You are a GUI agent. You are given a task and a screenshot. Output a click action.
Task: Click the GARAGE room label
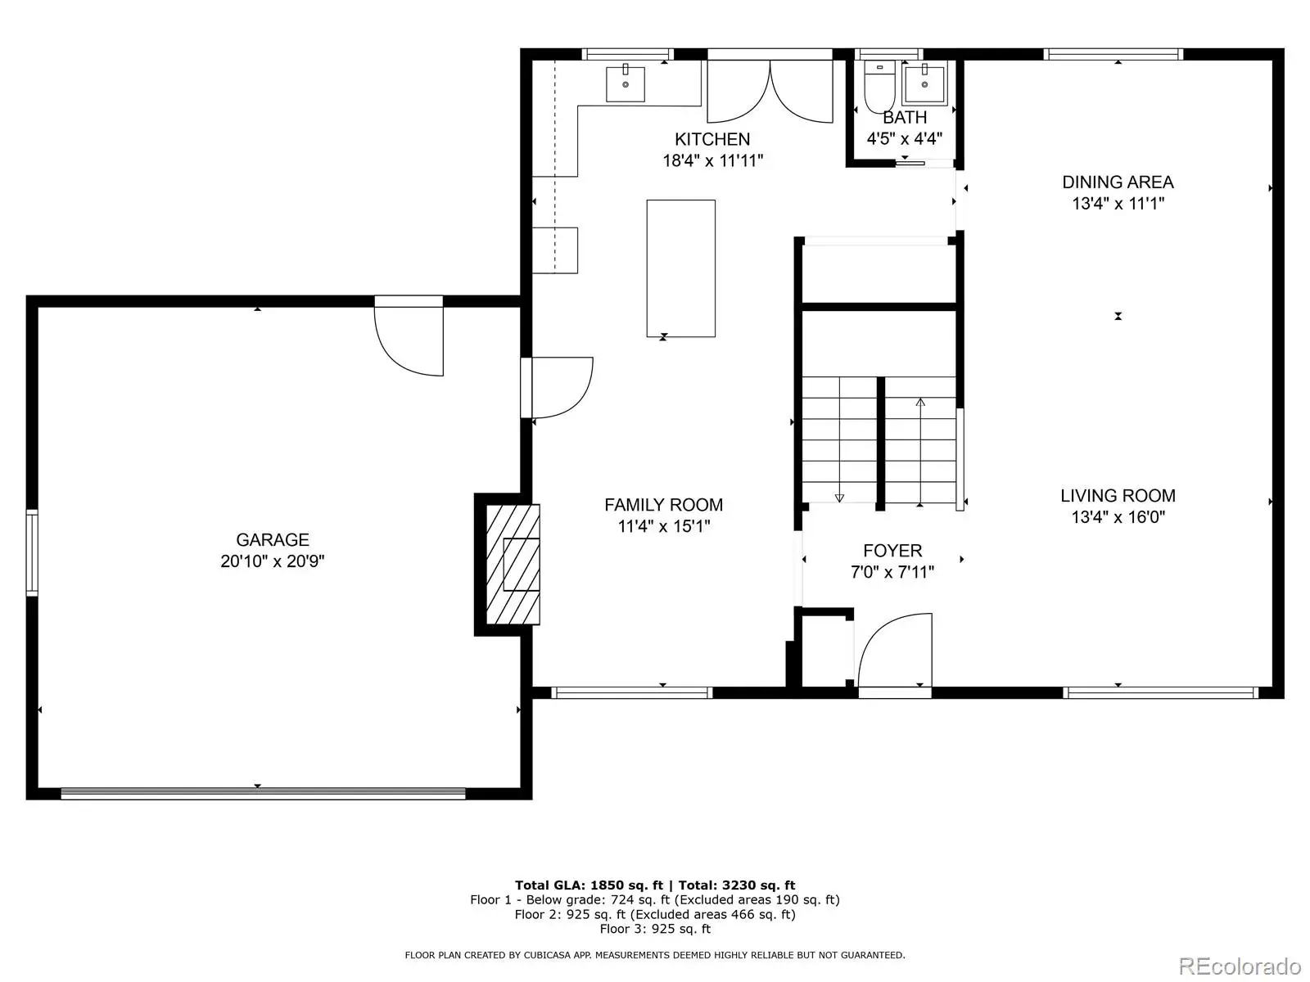[272, 539]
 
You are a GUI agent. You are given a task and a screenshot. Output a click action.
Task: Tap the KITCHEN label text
[712, 139]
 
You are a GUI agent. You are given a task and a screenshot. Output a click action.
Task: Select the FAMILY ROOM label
[664, 505]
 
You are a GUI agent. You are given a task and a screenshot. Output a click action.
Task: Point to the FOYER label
[892, 550]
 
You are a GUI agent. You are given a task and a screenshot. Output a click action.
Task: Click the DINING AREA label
[1118, 182]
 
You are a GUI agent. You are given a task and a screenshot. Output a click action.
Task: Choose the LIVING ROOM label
[1118, 495]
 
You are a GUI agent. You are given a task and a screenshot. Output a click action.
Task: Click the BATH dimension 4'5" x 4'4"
[904, 139]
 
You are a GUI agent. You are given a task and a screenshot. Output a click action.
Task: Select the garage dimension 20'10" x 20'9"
[272, 561]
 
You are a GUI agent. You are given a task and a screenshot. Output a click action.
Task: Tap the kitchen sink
[626, 84]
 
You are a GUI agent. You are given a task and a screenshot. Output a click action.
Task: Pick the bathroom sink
[924, 84]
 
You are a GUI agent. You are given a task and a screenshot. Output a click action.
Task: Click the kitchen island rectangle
[680, 268]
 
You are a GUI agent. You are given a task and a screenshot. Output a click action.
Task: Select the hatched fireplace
[513, 565]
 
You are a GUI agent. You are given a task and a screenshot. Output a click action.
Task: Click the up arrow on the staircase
[920, 452]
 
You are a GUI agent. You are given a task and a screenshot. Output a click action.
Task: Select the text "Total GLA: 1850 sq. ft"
[589, 885]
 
